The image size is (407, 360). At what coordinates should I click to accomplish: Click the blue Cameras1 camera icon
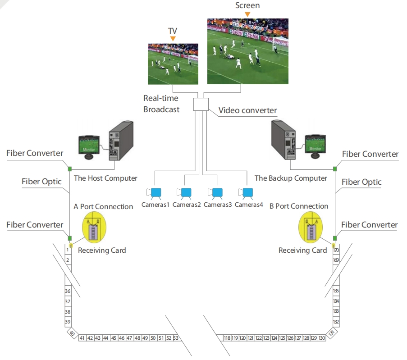point(155,192)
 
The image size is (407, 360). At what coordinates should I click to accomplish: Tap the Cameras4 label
point(248,205)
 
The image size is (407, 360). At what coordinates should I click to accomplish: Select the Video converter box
point(200,104)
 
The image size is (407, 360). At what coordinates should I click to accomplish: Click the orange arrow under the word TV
point(173,39)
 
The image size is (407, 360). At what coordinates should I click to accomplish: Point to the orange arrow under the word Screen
point(247,14)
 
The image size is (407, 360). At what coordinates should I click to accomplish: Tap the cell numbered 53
point(176,338)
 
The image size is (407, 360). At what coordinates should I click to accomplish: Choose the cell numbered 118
point(227,338)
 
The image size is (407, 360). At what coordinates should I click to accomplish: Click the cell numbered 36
point(68,291)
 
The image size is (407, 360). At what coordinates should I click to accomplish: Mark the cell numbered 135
point(336,291)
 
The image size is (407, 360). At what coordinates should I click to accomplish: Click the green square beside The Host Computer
point(70,169)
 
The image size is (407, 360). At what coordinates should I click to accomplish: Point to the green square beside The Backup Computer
point(335,169)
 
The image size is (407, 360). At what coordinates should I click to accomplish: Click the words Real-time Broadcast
point(161,104)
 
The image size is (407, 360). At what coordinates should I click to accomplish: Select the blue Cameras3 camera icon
point(217,192)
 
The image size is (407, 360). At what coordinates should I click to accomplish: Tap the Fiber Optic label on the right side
point(361,182)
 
